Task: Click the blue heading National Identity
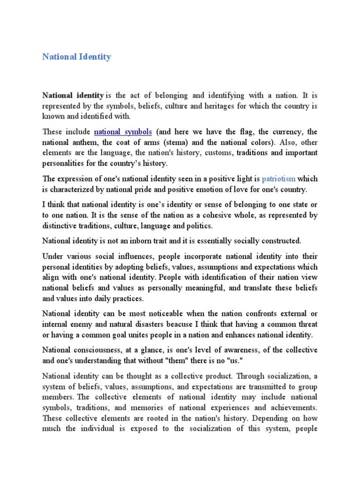point(76,57)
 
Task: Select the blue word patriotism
point(278,179)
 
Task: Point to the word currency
point(285,132)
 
